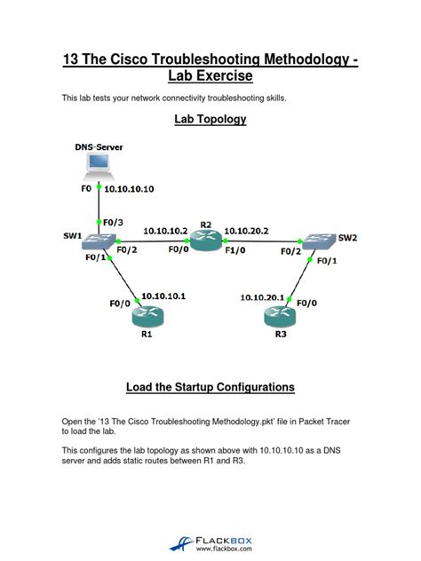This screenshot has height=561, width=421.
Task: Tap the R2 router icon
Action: (207, 241)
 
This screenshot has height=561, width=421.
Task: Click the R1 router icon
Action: (147, 312)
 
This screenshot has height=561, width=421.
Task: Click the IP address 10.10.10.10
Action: (130, 189)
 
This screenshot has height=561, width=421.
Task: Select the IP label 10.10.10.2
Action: (165, 230)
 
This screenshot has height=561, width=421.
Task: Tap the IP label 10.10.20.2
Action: (246, 230)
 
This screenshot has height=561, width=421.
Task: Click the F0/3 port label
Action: (113, 222)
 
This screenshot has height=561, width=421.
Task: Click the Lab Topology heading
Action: (210, 118)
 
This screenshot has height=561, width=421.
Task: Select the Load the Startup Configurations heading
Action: (210, 388)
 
